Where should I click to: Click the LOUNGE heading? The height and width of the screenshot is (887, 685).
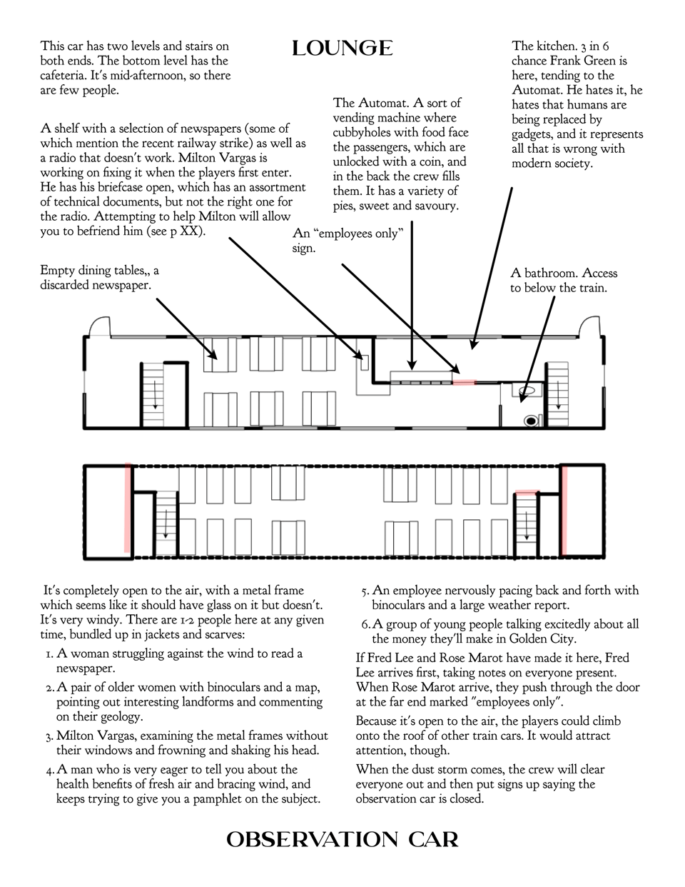(342, 49)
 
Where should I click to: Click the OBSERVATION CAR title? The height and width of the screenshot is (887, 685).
(342, 839)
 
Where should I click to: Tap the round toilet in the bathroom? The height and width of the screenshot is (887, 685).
(530, 421)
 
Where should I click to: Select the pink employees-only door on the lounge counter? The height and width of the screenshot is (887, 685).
(464, 383)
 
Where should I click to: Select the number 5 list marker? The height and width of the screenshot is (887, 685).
(365, 591)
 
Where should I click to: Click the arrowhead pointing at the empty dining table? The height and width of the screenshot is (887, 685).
(213, 357)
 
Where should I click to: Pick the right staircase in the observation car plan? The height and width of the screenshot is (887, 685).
(526, 521)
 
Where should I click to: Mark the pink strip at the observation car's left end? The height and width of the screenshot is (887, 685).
(128, 508)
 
